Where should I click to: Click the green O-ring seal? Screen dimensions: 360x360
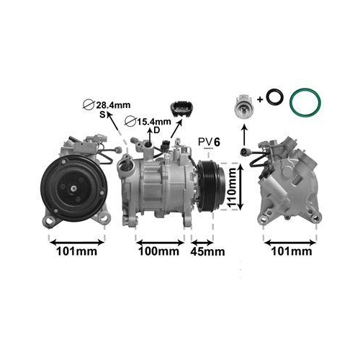point(305,103)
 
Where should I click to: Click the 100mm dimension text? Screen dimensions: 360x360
point(158,251)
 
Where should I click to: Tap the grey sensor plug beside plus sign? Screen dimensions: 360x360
point(243,106)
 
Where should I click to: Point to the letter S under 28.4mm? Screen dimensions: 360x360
point(103,115)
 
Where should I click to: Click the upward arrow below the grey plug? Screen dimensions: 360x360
point(243,134)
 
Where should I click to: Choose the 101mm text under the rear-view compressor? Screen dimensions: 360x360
point(288,251)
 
